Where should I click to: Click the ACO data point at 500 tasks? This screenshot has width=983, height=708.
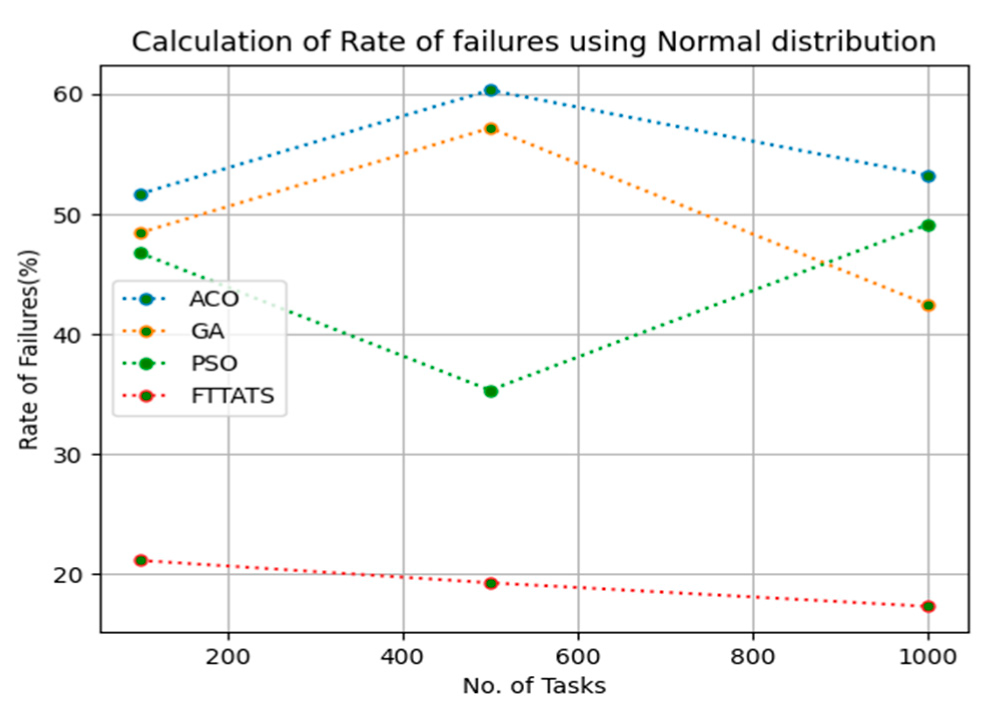pos(491,91)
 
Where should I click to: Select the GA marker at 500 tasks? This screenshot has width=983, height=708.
pos(491,129)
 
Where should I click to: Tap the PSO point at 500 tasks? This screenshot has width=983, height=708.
pos(491,391)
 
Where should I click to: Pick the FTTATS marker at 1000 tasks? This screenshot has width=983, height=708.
pos(928,606)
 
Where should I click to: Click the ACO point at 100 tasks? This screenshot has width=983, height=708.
pos(141,194)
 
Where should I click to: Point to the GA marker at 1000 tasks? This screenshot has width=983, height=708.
pos(928,305)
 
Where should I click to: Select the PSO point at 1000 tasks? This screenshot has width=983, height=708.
pos(928,226)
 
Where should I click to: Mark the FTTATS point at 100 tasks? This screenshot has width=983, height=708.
pos(141,560)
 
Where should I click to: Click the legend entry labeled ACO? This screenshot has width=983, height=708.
pos(214,299)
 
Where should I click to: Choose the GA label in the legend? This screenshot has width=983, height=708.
pos(207,331)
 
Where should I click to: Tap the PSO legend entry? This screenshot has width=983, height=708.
pos(214,363)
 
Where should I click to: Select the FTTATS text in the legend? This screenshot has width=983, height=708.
pos(233,396)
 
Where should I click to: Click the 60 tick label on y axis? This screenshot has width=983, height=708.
pos(67,95)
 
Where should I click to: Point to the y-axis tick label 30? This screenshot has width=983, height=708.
pos(67,455)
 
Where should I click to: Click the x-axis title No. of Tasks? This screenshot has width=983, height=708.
pos(534,686)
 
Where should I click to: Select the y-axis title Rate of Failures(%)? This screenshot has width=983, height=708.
pos(29,349)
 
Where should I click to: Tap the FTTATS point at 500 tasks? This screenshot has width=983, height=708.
pos(491,583)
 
